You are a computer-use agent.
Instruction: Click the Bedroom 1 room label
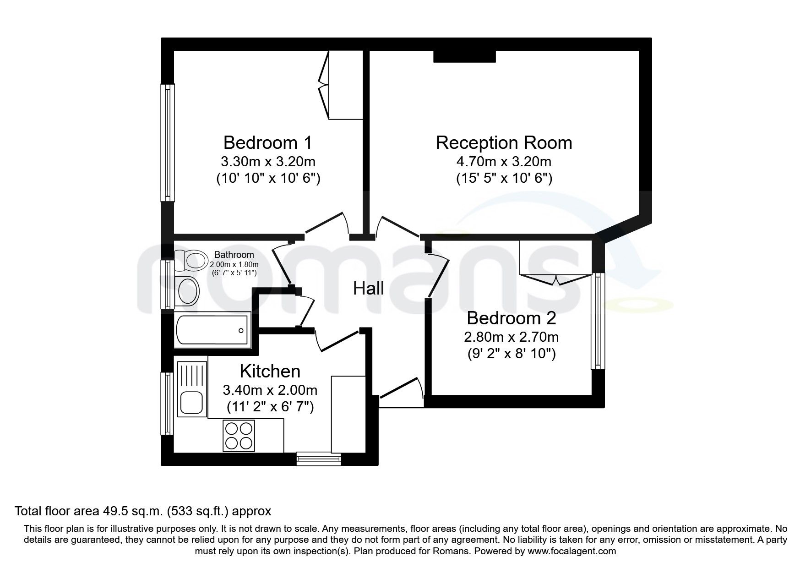[267, 143]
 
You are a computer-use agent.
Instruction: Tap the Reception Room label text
[504, 143]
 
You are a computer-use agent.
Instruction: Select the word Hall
[368, 289]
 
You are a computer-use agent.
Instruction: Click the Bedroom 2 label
[511, 318]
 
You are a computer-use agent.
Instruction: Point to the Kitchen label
[270, 371]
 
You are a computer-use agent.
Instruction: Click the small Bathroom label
[234, 255]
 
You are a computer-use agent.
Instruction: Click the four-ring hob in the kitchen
[238, 435]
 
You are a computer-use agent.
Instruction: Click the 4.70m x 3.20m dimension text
[504, 162]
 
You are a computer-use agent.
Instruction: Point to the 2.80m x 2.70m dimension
[511, 338]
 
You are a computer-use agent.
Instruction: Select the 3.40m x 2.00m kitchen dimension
[270, 390]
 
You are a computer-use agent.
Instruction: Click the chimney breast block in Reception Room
[464, 56]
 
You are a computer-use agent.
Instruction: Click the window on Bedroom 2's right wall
[598, 321]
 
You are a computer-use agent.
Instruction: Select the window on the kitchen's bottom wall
[319, 459]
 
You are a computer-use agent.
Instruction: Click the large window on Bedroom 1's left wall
[168, 142]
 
